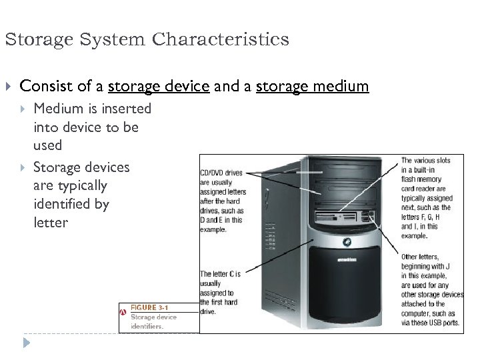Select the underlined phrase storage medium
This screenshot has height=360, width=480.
coord(312,87)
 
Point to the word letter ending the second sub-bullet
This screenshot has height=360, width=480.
coord(51,222)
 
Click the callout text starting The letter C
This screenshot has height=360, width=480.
coord(220,273)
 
